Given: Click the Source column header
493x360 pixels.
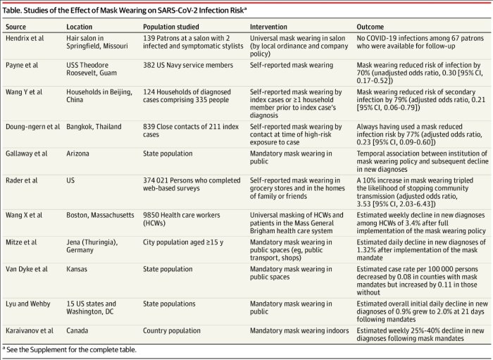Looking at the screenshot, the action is click(x=15, y=27).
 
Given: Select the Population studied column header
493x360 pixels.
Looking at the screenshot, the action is click(x=170, y=27).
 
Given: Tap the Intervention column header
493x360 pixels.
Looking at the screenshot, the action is click(x=268, y=27).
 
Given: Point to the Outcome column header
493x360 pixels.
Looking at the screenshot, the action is click(x=370, y=27).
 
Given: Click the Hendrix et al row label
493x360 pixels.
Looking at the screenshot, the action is click(x=25, y=38).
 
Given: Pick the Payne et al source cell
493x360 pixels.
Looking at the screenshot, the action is click(x=22, y=66).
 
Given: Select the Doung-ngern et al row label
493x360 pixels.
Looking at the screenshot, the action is click(x=32, y=127).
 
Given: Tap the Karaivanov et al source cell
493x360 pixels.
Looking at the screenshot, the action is click(x=30, y=330).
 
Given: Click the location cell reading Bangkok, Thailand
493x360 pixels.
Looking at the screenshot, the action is click(x=94, y=127).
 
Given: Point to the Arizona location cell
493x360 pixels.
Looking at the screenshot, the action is click(x=77, y=154).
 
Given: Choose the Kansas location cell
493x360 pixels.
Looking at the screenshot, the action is click(x=77, y=269).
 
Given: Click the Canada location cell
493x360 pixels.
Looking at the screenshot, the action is click(x=77, y=330).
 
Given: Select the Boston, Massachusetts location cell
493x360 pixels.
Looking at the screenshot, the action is click(x=100, y=216).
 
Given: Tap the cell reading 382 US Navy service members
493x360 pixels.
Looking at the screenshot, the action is click(x=188, y=66).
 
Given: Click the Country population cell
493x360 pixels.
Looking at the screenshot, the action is click(x=172, y=330).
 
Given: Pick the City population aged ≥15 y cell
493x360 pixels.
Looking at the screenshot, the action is click(x=183, y=242).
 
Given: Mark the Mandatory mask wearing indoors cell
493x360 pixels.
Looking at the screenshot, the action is click(x=299, y=330).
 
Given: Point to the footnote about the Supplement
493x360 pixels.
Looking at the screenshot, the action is click(x=70, y=349).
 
